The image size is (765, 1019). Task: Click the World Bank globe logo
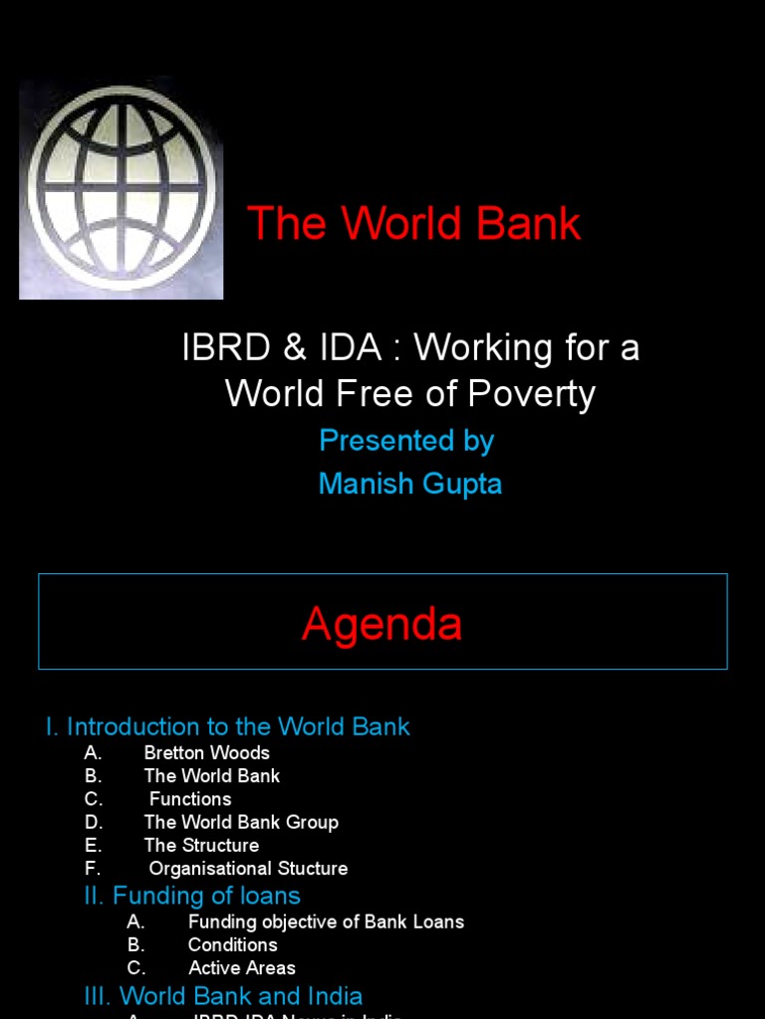pyautogui.click(x=121, y=189)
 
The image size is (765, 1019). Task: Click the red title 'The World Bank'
pyautogui.click(x=413, y=223)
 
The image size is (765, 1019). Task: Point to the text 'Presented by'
pyautogui.click(x=406, y=441)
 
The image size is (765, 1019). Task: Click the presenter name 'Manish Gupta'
pyautogui.click(x=409, y=485)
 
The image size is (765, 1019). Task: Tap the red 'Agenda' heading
pyautogui.click(x=382, y=624)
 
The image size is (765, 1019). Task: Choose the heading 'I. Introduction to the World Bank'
pyautogui.click(x=227, y=726)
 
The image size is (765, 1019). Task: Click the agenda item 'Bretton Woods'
pyautogui.click(x=206, y=753)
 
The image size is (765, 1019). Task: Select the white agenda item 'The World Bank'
pyautogui.click(x=211, y=776)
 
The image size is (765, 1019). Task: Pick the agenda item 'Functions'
pyautogui.click(x=190, y=799)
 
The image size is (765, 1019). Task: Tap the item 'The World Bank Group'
pyautogui.click(x=241, y=822)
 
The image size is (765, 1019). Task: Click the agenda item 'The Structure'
pyautogui.click(x=201, y=845)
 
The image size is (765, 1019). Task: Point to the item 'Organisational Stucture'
pyautogui.click(x=248, y=868)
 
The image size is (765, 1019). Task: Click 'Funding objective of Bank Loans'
pyautogui.click(x=326, y=921)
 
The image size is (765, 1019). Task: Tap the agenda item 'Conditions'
pyautogui.click(x=233, y=944)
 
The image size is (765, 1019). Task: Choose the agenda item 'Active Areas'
pyautogui.click(x=242, y=967)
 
